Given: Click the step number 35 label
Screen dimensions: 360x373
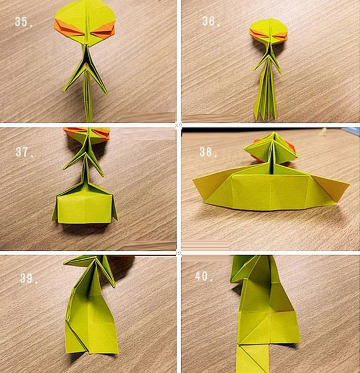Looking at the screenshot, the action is click(x=23, y=22).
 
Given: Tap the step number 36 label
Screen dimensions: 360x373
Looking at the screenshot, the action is click(x=211, y=21).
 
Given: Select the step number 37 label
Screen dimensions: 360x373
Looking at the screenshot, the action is click(x=24, y=152).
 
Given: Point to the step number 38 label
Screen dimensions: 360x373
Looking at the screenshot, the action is click(x=208, y=152).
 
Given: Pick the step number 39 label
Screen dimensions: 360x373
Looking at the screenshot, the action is click(x=29, y=278).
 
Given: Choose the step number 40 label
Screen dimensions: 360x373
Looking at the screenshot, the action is click(x=204, y=276).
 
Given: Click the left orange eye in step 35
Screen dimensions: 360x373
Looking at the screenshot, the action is click(x=69, y=28).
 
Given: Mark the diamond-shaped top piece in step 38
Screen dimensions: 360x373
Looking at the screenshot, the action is click(x=271, y=149).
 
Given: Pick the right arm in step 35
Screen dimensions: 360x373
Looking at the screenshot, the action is click(x=98, y=71).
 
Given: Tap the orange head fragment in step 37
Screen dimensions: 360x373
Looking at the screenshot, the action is click(x=87, y=134).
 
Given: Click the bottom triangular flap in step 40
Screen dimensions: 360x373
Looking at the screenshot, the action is click(x=253, y=358).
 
